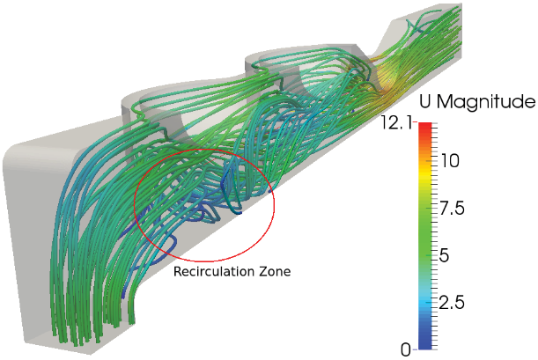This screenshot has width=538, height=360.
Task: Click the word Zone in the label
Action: click(275, 271)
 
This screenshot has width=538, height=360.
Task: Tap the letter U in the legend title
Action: click(424, 101)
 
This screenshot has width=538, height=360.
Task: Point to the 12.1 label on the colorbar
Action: click(396, 122)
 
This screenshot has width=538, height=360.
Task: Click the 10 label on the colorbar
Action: click(449, 160)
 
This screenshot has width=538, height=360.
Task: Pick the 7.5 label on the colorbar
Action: click(453, 208)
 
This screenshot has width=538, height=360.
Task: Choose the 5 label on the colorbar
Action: click(445, 255)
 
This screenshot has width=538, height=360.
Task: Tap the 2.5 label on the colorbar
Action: click(453, 303)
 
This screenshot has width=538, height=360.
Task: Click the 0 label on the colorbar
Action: click(406, 349)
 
